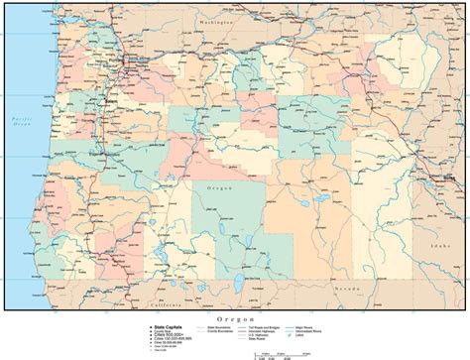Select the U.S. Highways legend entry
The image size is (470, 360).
[x=271, y=335]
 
